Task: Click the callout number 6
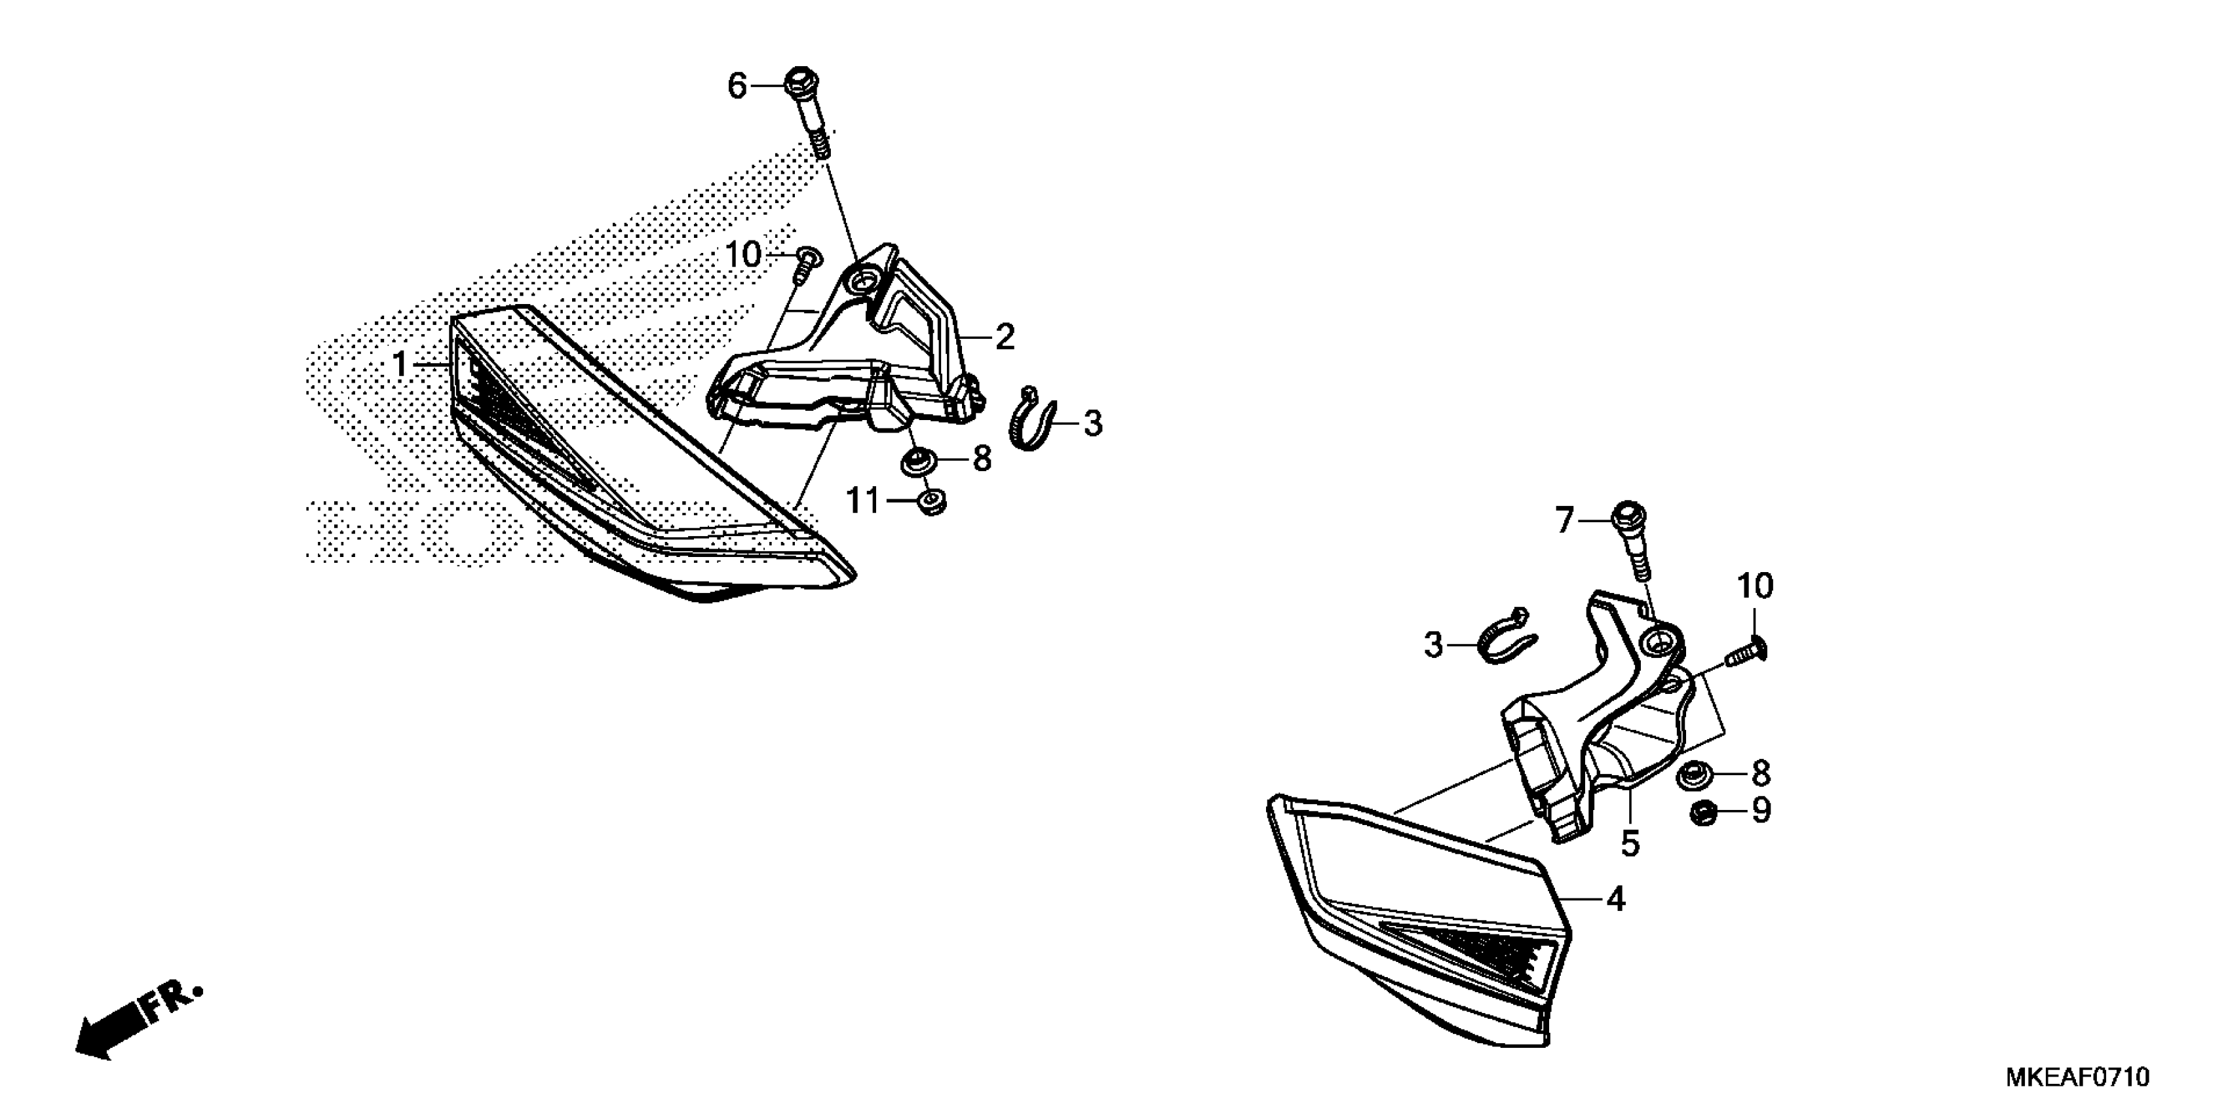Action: coord(736,86)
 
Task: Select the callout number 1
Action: coord(400,364)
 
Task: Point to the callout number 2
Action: coord(1004,336)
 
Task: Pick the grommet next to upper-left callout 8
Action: coord(917,462)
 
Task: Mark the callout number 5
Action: coord(1630,843)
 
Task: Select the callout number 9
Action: coord(1761,811)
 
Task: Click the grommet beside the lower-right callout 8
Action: coord(1690,775)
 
